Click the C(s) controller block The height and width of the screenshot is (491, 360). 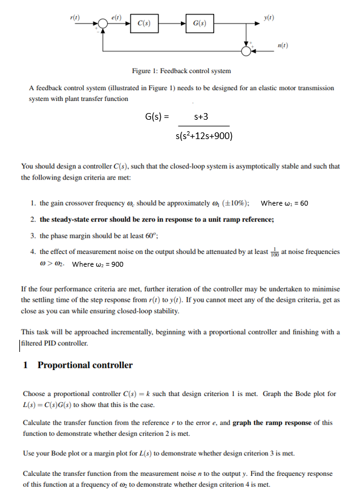(x=144, y=24)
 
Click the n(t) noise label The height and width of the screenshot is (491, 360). (x=283, y=47)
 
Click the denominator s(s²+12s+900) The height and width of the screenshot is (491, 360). (x=202, y=135)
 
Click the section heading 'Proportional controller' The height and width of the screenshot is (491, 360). (x=85, y=365)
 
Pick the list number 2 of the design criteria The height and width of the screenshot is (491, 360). (x=33, y=219)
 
